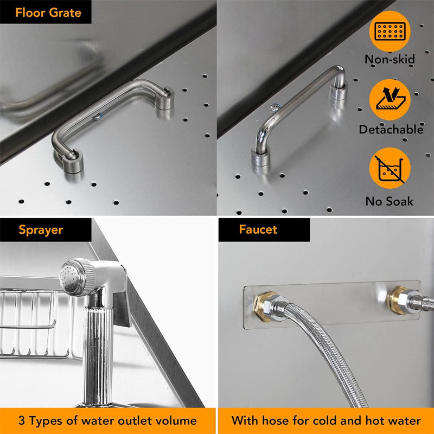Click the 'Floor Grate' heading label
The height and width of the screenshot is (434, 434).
tap(48, 12)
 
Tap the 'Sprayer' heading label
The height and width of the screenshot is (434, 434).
tap(41, 229)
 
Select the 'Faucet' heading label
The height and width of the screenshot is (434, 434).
tap(258, 229)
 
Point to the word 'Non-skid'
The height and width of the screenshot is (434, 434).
tap(390, 60)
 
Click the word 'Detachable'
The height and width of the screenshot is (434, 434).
tap(391, 130)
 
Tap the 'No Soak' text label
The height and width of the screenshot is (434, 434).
tap(390, 201)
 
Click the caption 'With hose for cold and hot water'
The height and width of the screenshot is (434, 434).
tap(326, 420)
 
